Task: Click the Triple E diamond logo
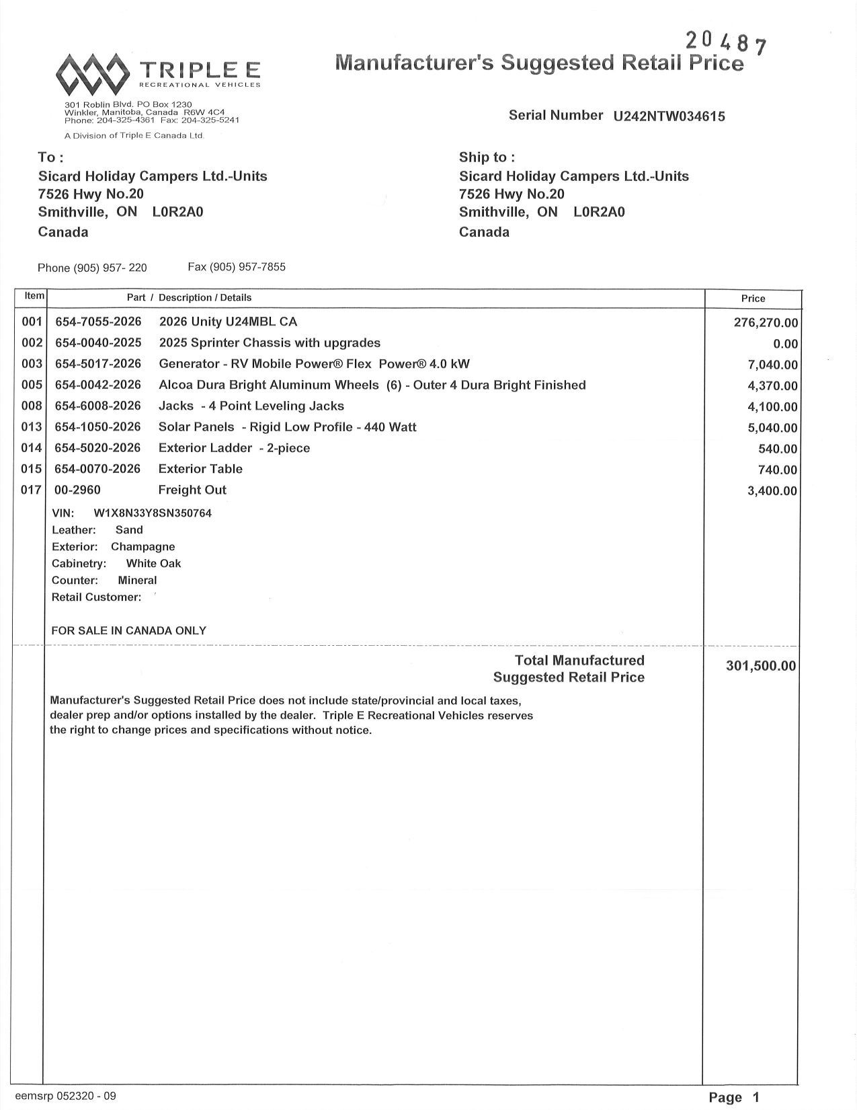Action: (x=92, y=74)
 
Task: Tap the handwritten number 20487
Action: (x=725, y=43)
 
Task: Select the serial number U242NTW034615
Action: (x=669, y=116)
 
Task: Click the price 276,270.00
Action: (x=766, y=323)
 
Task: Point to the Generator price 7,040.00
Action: (x=772, y=365)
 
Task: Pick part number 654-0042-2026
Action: (x=98, y=385)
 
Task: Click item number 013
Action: (x=32, y=427)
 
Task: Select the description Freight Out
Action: (x=192, y=490)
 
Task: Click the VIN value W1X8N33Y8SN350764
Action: (x=153, y=513)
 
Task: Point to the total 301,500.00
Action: (x=761, y=666)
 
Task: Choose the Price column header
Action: (x=753, y=299)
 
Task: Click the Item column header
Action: (x=34, y=296)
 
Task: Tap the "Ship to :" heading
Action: (x=487, y=157)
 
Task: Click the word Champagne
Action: (x=142, y=547)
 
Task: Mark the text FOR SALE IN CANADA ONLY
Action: (x=129, y=631)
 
